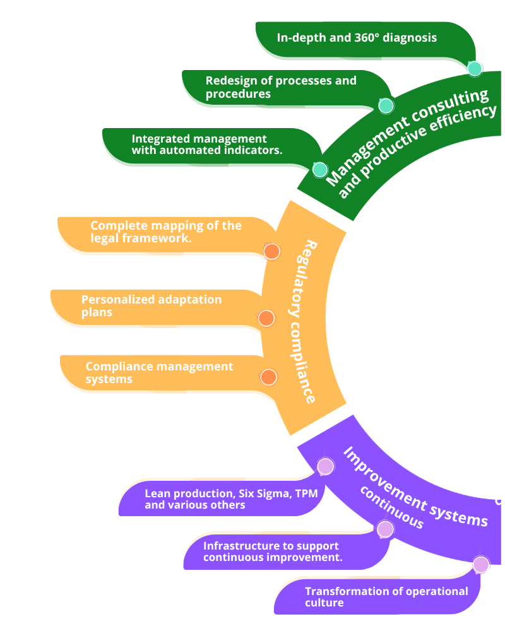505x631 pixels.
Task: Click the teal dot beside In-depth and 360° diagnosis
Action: [475, 68]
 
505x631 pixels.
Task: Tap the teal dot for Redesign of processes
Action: [386, 105]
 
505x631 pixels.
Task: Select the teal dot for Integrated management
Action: [320, 169]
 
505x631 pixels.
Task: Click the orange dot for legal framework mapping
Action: [271, 252]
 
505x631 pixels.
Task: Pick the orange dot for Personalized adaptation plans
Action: [266, 318]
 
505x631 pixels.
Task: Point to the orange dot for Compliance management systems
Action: [268, 377]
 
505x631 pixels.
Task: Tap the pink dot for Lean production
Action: [325, 466]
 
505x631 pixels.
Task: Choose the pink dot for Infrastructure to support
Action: [384, 529]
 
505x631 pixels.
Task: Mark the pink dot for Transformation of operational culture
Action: [481, 565]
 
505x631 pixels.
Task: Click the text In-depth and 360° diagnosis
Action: [357, 38]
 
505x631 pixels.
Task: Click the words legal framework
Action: [141, 239]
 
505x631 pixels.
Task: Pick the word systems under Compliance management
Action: [109, 379]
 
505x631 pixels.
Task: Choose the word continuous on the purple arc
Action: [391, 509]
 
